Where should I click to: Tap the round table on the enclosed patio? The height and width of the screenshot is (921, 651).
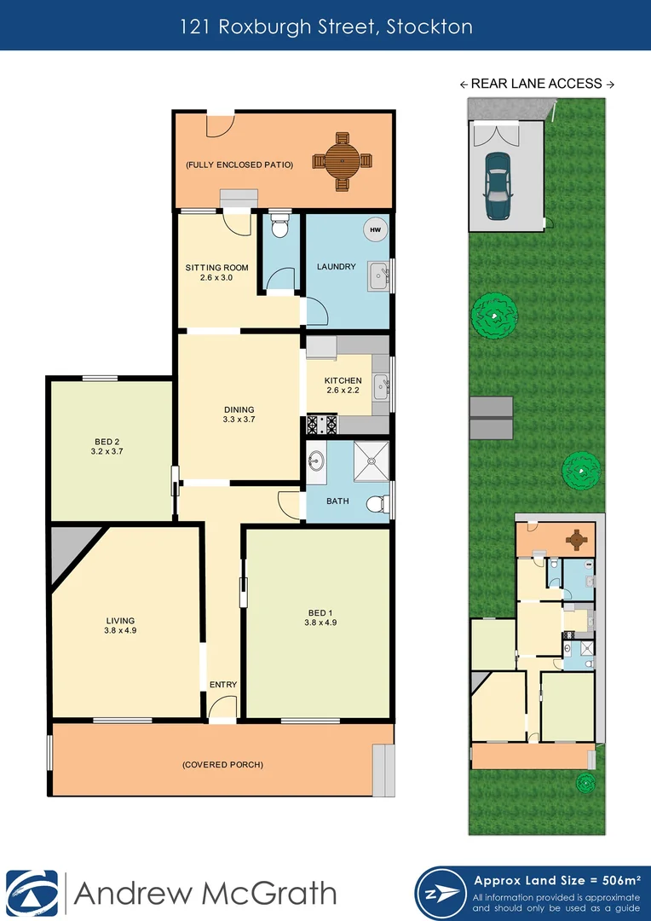coord(342,160)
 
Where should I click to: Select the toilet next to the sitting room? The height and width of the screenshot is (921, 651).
coord(279,228)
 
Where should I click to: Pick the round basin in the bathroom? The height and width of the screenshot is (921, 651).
coord(316,460)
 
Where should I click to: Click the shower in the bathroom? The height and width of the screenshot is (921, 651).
coord(371,461)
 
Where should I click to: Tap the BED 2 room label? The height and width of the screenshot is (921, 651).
coord(110,440)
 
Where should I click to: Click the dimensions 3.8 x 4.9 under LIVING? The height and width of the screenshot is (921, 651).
coord(121,632)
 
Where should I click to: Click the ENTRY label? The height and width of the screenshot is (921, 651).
coord(223,685)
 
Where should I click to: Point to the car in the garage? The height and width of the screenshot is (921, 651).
coord(496,185)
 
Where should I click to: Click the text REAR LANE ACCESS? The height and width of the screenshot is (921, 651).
coord(537,84)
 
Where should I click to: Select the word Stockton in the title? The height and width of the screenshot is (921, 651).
coord(429,26)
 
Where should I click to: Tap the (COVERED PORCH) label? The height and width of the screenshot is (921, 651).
coord(223,765)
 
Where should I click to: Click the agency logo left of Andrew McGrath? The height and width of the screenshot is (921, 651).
coord(32,894)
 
